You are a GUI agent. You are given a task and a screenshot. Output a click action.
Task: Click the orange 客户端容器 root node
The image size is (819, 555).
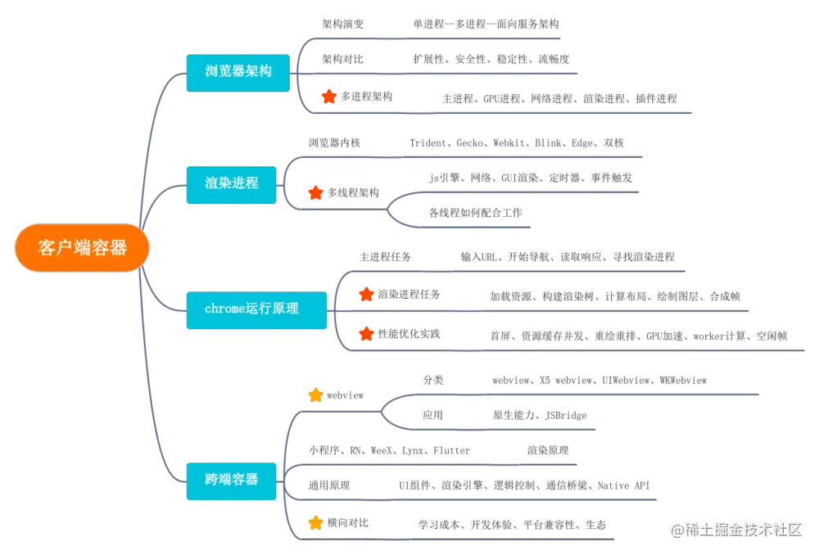(82, 248)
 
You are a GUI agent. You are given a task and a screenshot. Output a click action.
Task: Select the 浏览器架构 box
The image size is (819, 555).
(238, 71)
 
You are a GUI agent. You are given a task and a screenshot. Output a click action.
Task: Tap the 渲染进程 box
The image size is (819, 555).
(232, 182)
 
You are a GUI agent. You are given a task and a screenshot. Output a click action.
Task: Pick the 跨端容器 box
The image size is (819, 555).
(232, 478)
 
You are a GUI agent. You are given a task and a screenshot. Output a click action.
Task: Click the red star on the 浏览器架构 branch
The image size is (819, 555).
(328, 97)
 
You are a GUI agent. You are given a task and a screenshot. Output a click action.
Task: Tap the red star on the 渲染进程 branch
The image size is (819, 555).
(315, 192)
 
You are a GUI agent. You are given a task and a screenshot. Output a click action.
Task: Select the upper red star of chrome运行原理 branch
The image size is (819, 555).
(366, 294)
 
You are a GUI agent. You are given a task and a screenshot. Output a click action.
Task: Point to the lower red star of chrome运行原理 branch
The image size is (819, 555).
(366, 333)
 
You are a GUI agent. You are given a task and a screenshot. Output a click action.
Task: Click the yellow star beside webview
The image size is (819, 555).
(316, 395)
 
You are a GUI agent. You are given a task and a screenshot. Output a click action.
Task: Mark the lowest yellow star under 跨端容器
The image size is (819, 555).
(315, 521)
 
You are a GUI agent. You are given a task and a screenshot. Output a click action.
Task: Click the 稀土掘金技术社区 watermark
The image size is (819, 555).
(735, 529)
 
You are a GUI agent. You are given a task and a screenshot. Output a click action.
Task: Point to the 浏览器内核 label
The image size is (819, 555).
(334, 142)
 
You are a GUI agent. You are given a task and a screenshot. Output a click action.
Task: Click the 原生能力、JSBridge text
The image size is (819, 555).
(540, 415)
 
